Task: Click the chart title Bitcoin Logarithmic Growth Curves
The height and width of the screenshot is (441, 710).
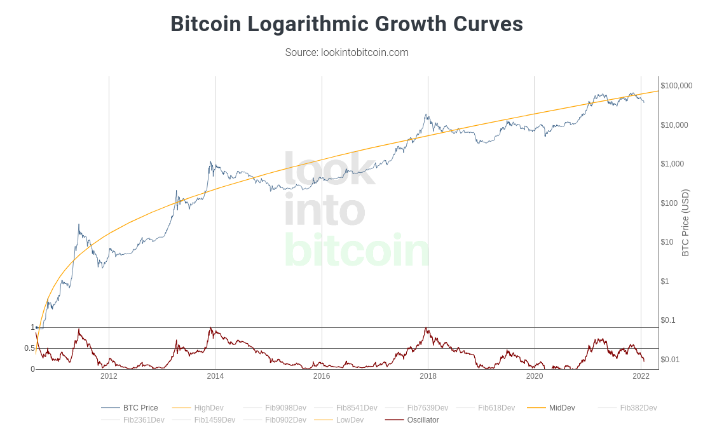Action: [x=346, y=24]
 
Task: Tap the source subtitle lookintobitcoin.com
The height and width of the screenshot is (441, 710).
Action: [x=346, y=52]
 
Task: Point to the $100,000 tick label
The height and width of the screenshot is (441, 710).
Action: [x=676, y=86]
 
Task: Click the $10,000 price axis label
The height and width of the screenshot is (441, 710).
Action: [x=674, y=125]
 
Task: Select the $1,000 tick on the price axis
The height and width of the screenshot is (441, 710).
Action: [x=672, y=164]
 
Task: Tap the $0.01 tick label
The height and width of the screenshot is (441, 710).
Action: [x=671, y=360]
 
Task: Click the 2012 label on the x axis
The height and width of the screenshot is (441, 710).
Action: [x=109, y=376]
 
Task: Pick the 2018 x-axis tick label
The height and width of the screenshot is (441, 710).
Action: [x=428, y=376]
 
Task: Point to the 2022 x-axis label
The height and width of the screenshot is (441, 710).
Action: [x=641, y=376]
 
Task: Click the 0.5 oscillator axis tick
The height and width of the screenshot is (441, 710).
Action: [x=29, y=348]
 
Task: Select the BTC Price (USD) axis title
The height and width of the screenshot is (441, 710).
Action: [x=685, y=222]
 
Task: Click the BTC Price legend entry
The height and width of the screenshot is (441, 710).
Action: [x=140, y=408]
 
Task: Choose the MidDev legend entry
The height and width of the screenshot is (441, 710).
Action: [x=562, y=408]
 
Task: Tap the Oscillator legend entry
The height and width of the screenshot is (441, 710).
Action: [x=423, y=420]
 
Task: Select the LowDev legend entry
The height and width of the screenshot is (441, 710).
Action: [x=350, y=420]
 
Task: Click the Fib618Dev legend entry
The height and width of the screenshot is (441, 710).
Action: [x=496, y=408]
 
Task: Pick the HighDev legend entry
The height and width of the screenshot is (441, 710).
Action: [x=208, y=408]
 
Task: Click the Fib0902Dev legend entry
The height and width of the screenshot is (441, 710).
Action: [x=285, y=420]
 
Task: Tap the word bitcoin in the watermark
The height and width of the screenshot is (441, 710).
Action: [x=357, y=250]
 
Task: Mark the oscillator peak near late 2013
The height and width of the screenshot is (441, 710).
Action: [x=210, y=329]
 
